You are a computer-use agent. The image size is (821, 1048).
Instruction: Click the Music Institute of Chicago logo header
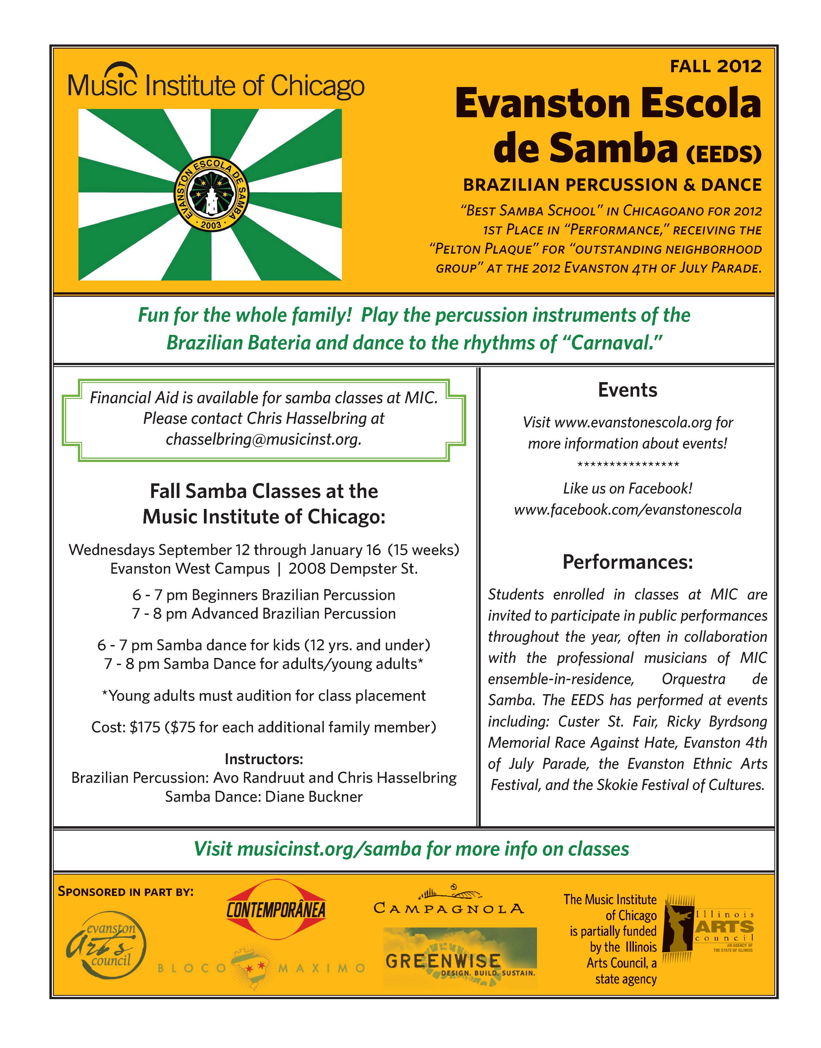216,83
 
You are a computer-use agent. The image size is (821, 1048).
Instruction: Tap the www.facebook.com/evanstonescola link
628,509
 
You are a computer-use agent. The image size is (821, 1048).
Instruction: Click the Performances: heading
628,562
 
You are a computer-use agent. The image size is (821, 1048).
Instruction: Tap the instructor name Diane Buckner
314,797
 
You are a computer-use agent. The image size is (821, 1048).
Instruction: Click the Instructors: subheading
264,759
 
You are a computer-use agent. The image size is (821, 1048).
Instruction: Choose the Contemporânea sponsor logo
276,909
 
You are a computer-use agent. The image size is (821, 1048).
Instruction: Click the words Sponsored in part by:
125,892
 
